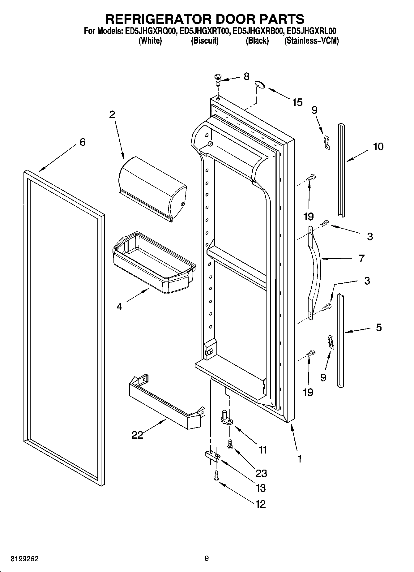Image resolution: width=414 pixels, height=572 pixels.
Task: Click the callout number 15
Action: point(297,102)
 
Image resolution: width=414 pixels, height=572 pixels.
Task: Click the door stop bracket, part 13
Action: point(212,455)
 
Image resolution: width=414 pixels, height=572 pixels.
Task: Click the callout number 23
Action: point(261,473)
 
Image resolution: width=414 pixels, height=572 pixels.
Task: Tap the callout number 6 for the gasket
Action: point(82,142)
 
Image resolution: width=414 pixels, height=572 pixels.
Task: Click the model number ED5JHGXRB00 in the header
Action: point(258,31)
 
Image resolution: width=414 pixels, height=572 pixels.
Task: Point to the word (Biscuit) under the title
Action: point(205,41)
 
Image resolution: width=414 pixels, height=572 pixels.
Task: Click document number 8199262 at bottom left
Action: point(25,559)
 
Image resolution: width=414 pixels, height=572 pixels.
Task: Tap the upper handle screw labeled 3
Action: point(325,223)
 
